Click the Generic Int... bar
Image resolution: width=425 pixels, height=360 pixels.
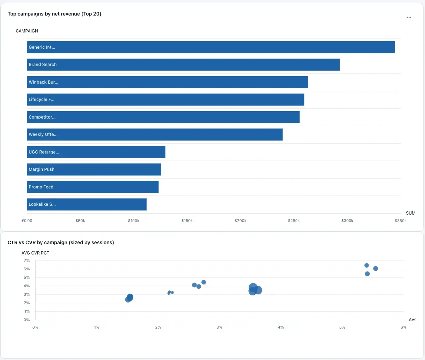tap(211, 47)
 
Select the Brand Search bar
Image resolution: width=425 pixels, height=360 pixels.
tap(183, 65)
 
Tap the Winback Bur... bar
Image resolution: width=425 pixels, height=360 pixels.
tap(168, 82)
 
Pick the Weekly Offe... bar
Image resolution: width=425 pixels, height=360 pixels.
tap(154, 134)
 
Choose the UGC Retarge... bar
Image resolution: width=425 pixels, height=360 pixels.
tap(96, 152)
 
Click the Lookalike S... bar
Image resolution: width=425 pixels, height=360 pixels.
tap(86, 204)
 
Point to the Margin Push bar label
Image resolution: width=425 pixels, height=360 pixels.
tap(42, 169)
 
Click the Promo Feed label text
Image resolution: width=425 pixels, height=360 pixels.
tap(41, 187)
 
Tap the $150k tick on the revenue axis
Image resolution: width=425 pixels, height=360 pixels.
tap(187, 221)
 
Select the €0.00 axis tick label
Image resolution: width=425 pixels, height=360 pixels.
tap(27, 221)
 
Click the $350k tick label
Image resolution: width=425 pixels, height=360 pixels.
tap(401, 221)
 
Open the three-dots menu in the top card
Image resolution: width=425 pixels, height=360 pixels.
tap(409, 17)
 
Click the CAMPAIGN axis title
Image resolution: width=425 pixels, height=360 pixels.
tap(27, 31)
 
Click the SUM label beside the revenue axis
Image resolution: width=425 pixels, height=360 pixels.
tap(411, 213)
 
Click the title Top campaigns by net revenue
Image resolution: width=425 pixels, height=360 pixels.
tap(54, 14)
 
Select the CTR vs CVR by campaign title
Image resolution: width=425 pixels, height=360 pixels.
tap(61, 242)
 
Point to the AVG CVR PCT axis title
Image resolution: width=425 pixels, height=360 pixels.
tap(35, 253)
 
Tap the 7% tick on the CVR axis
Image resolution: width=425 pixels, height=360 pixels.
tap(27, 260)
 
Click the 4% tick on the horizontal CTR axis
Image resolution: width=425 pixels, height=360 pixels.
tap(281, 327)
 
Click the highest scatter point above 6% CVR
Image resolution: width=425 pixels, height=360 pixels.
tap(366, 265)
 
